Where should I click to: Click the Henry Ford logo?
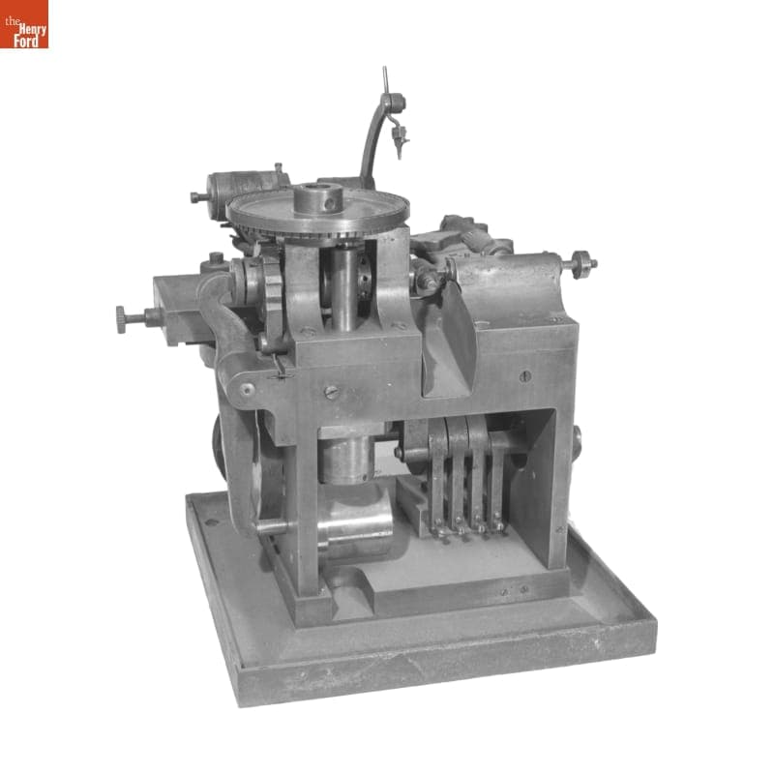click(24, 24)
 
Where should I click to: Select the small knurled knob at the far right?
click(583, 263)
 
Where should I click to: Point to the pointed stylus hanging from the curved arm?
click(397, 145)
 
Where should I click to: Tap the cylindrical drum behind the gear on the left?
click(237, 185)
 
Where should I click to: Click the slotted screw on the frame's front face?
click(331, 392)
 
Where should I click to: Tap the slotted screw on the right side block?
click(524, 375)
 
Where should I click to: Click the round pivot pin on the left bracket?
click(248, 390)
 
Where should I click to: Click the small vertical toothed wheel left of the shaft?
click(272, 295)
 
